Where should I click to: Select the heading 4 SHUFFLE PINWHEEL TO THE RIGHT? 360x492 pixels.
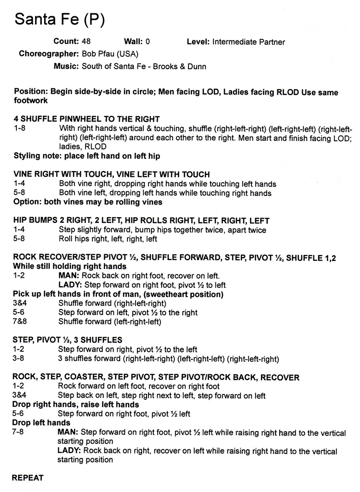[87, 119]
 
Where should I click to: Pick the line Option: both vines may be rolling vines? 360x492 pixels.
[87, 202]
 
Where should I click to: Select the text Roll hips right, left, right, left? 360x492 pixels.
[108, 239]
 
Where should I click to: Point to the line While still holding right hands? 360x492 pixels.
[70, 266]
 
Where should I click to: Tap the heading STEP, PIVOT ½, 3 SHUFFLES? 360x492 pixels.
[67, 340]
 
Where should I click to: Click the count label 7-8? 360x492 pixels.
[20, 432]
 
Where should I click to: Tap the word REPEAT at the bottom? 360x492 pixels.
[27, 478]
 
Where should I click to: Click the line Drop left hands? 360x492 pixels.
[41, 423]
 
